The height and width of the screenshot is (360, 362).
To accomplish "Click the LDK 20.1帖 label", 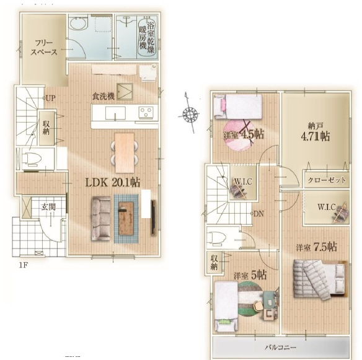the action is pyautogui.click(x=113, y=183).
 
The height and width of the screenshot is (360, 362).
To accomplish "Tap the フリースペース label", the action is pyautogui.click(x=43, y=47).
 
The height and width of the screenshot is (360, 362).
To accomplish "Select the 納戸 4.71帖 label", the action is pyautogui.click(x=316, y=133).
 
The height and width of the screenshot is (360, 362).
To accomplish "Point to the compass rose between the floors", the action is pyautogui.click(x=191, y=113).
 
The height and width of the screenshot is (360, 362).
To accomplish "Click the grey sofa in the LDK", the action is pyautogui.click(x=101, y=219).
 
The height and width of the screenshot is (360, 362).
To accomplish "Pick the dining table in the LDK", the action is pyautogui.click(x=125, y=153).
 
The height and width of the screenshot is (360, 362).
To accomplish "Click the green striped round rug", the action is pyautogui.click(x=250, y=299).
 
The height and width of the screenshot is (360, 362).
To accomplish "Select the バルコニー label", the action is pyautogui.click(x=280, y=348).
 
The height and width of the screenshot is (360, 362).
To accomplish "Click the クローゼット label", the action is pyautogui.click(x=327, y=180).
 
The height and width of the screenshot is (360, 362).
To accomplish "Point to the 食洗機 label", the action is pyautogui.click(x=103, y=96).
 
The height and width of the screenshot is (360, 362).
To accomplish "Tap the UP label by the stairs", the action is pyautogui.click(x=51, y=98).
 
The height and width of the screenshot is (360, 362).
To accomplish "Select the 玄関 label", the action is pyautogui.click(x=48, y=207).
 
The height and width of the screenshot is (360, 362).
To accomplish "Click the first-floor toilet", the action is pyautogui.click(x=32, y=159).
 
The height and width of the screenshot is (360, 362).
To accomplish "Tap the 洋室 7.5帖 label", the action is pyautogui.click(x=317, y=247).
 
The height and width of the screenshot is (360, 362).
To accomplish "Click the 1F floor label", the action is pyautogui.click(x=24, y=265).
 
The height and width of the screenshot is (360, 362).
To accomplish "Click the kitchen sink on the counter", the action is pyautogui.click(x=115, y=113).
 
